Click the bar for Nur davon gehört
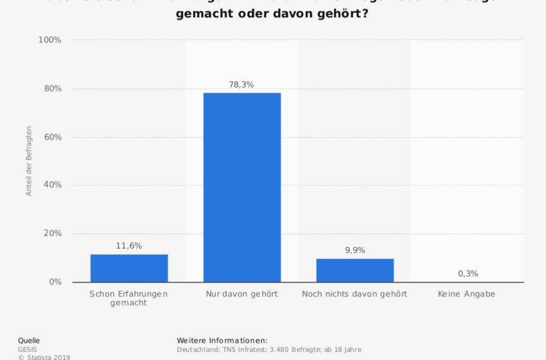(242, 187)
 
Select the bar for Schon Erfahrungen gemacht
(129, 268)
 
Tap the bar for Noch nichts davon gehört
(355, 270)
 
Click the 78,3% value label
(242, 84)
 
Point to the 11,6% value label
(129, 246)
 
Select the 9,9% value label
(355, 250)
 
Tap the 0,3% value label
(468, 273)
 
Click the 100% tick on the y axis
(49, 40)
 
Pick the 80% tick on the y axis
(51, 89)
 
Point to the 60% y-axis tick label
(51, 137)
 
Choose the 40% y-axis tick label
(51, 185)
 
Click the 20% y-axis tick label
(51, 233)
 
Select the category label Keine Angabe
(467, 294)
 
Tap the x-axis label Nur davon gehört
(242, 294)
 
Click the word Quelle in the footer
(29, 340)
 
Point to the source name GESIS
(28, 349)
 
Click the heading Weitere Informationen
(222, 340)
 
